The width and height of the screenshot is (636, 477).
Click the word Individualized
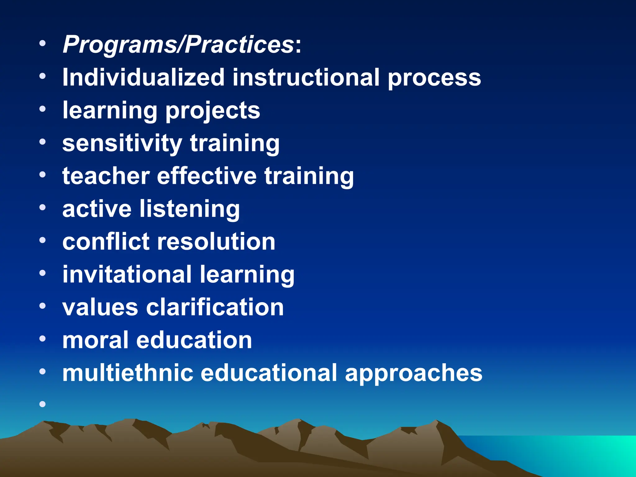(143, 77)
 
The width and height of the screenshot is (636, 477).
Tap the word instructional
(306, 77)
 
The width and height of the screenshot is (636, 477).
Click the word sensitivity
(122, 143)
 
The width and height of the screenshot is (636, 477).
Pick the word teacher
(106, 176)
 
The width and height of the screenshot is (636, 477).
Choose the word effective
(207, 176)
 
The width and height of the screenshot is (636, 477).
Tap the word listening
(190, 209)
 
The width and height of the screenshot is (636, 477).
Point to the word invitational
(127, 275)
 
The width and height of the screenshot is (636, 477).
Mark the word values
(100, 307)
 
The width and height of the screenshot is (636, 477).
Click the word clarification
(215, 307)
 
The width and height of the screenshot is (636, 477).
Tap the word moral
(95, 340)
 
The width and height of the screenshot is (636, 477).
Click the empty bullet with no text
(43, 404)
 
